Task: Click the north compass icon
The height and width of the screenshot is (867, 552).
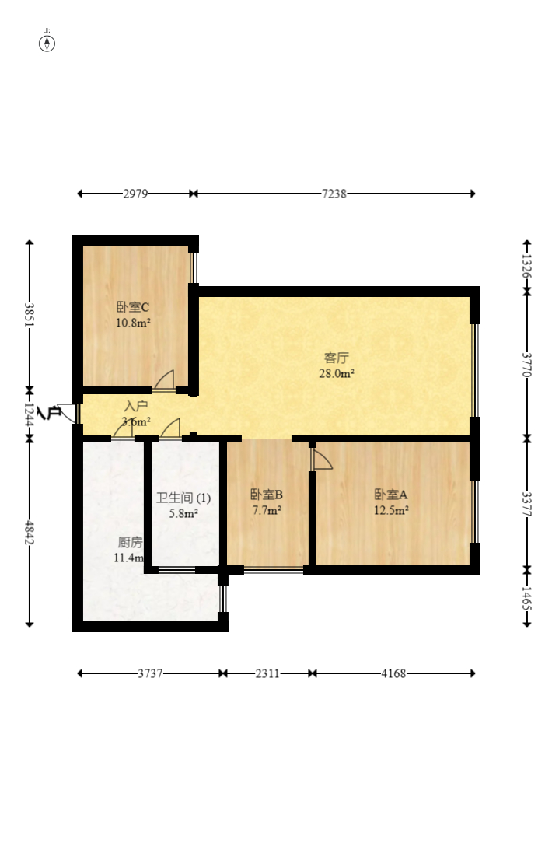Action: [x=47, y=43]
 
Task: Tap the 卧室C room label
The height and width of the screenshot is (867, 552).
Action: [x=132, y=307]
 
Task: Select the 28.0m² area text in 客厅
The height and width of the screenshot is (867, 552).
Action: [x=336, y=373]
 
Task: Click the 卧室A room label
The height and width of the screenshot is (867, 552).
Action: [x=390, y=495]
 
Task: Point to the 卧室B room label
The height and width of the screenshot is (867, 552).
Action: [x=266, y=495]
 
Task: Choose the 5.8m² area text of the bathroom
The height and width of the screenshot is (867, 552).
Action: [x=183, y=513]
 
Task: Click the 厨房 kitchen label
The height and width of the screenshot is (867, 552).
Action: [x=129, y=541]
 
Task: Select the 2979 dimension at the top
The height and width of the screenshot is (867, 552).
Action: [x=135, y=194]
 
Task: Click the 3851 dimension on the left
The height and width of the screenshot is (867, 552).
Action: [x=30, y=315]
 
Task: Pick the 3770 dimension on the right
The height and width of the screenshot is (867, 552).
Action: [x=526, y=365]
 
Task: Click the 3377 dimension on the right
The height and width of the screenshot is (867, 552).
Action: [x=526, y=504]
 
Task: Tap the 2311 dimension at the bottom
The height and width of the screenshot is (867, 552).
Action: [x=267, y=673]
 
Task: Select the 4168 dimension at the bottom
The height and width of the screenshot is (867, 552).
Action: [x=393, y=673]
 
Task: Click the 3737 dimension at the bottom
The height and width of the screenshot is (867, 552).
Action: [x=150, y=673]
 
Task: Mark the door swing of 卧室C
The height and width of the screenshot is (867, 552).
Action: [x=164, y=379]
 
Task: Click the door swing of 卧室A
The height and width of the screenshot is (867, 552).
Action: [x=322, y=460]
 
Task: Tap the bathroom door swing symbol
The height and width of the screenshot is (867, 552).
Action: [x=171, y=428]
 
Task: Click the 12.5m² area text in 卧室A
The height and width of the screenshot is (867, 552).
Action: [x=390, y=511]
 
